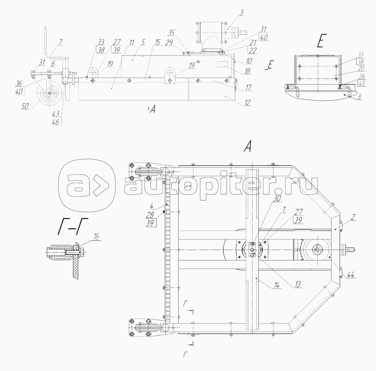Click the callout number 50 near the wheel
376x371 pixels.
[x=25, y=106]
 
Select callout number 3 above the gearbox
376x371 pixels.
[x=241, y=13]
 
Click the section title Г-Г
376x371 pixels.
[x=73, y=226]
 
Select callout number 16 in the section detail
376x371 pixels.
[x=96, y=237]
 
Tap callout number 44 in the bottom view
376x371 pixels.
[x=350, y=275]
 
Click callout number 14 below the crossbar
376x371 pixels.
[x=276, y=286]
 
